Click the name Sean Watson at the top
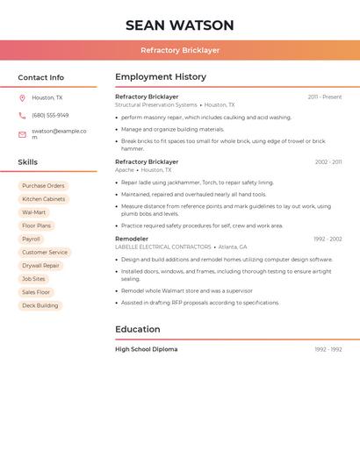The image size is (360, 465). click(180, 25)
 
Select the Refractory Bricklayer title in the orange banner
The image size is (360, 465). click(180, 50)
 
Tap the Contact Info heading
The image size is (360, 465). click(41, 77)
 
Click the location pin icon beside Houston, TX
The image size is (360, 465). click(22, 98)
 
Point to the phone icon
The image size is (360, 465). click(22, 115)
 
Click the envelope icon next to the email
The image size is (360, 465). click(22, 134)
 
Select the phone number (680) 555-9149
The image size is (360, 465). click(50, 115)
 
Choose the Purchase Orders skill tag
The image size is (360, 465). click(43, 186)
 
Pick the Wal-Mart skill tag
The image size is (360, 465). click(34, 212)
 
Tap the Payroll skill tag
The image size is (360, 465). click(31, 239)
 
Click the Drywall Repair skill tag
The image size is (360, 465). click(40, 266)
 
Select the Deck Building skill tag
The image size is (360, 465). click(40, 305)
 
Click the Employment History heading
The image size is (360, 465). click(161, 77)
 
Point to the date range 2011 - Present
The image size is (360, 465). click(325, 97)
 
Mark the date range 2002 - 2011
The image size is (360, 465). click(328, 162)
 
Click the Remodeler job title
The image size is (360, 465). click(132, 239)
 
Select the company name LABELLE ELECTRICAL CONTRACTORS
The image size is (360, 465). click(163, 247)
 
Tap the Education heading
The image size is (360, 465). click(138, 330)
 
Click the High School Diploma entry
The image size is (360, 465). click(147, 349)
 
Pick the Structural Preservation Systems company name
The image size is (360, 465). click(156, 104)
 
